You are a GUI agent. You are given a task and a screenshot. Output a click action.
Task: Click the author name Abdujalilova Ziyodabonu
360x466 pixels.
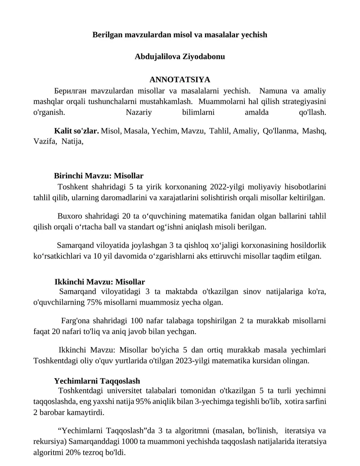(180, 57)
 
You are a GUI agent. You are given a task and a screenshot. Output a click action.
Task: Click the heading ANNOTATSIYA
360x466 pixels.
(180, 80)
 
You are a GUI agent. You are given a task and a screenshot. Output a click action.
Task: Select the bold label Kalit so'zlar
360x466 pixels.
(76, 131)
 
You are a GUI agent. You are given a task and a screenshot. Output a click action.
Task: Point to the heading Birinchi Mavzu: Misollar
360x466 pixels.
(99, 176)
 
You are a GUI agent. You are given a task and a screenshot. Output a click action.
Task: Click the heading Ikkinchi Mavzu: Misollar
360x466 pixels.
(99, 282)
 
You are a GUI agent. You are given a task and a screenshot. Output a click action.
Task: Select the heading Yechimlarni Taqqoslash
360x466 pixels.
(97, 380)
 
